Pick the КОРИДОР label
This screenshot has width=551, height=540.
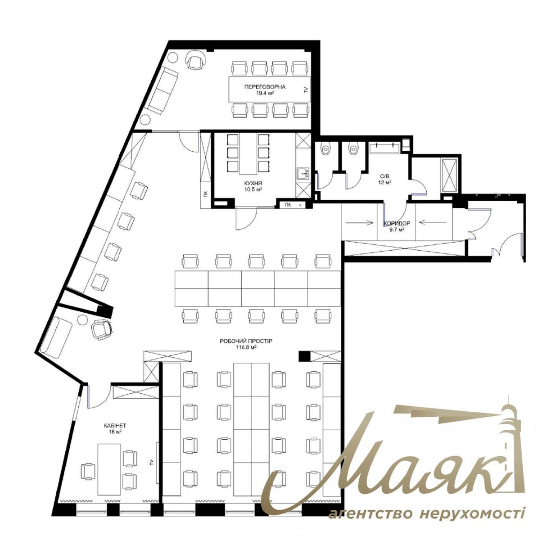[x=397, y=224]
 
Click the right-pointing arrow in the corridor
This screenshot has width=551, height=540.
[x=360, y=222]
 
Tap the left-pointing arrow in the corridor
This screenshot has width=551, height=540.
[x=432, y=222]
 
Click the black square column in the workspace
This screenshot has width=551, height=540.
[x=304, y=356]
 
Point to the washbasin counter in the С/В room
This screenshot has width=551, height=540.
[x=385, y=148]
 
